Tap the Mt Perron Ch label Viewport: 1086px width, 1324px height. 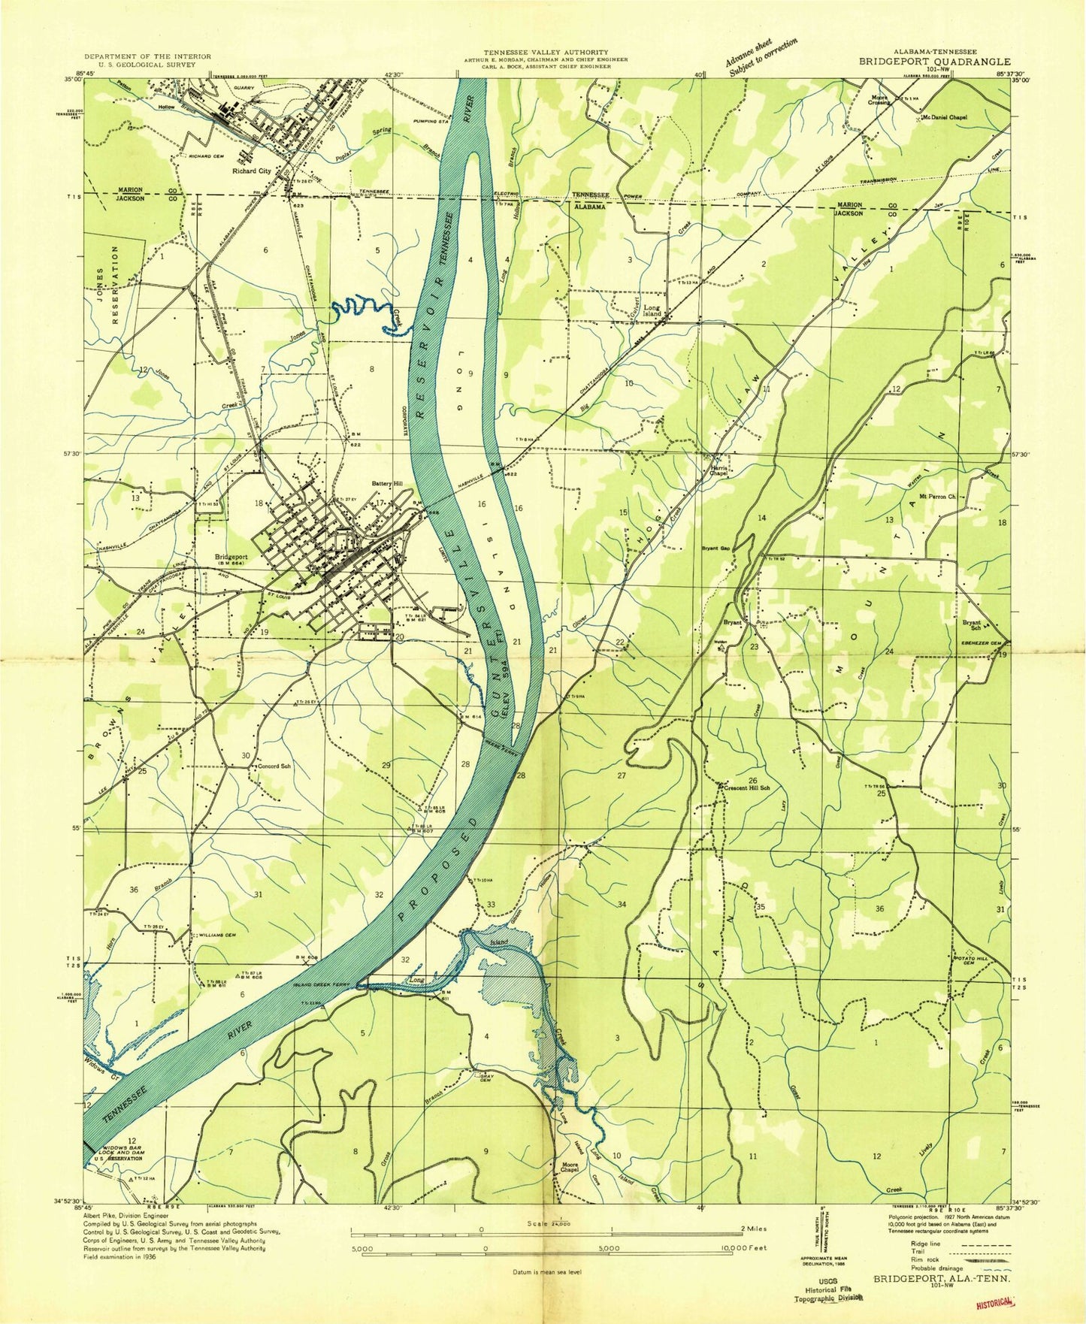pyautogui.click(x=937, y=497)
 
